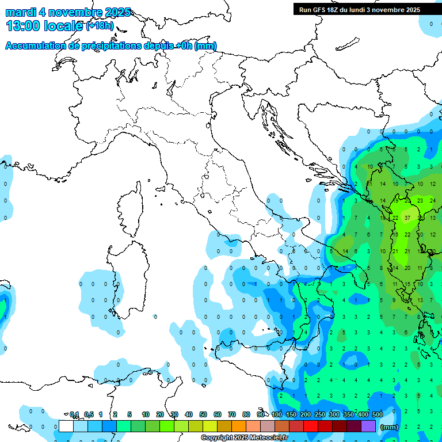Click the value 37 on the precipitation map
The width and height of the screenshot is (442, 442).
(x=408, y=218)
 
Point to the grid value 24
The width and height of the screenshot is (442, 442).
(x=433, y=200)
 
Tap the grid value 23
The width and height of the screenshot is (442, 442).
(x=421, y=200)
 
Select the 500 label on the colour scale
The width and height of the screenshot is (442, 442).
(x=378, y=414)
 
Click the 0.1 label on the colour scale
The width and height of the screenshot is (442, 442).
(x=74, y=414)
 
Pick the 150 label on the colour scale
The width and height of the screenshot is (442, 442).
(x=291, y=414)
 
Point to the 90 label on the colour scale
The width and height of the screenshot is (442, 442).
(x=261, y=414)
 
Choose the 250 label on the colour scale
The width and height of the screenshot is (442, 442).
(x=320, y=414)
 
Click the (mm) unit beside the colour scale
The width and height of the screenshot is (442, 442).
(x=389, y=427)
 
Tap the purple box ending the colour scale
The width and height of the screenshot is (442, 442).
(x=368, y=426)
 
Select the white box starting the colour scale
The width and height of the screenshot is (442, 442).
(x=66, y=426)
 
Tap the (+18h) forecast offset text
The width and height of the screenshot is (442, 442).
(x=100, y=26)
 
